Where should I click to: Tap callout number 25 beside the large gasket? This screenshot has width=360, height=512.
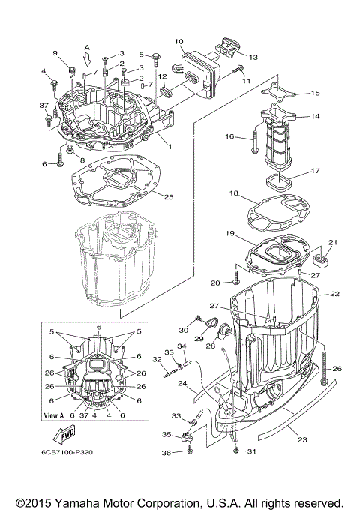[x=169, y=197]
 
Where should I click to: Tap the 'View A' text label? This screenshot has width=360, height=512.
[x=54, y=415]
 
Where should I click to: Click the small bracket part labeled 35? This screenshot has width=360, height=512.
[x=189, y=433]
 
